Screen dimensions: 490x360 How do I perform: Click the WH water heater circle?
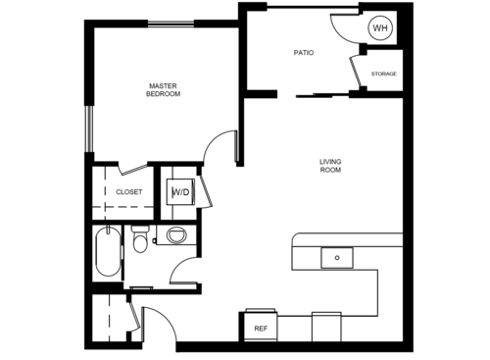(x=380, y=27)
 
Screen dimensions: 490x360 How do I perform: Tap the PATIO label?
(x=304, y=53)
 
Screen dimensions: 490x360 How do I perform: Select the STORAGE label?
(x=384, y=74)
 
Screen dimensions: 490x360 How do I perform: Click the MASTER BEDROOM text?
(x=163, y=90)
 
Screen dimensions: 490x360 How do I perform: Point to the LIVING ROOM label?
(x=330, y=166)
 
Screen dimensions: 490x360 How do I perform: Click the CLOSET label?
(x=129, y=192)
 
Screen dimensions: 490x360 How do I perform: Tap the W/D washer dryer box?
(x=180, y=192)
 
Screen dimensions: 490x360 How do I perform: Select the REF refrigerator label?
(x=261, y=329)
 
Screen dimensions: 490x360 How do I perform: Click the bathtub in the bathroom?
(x=108, y=251)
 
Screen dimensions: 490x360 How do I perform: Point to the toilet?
(x=140, y=238)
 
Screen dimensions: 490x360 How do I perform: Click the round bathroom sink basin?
(x=176, y=234)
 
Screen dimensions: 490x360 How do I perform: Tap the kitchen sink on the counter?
(x=337, y=258)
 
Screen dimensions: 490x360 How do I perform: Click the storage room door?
(x=355, y=73)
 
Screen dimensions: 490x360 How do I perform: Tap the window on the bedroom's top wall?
(x=171, y=24)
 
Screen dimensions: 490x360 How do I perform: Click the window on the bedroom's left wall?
(x=89, y=129)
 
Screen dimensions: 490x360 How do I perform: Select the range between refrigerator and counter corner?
(x=326, y=327)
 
